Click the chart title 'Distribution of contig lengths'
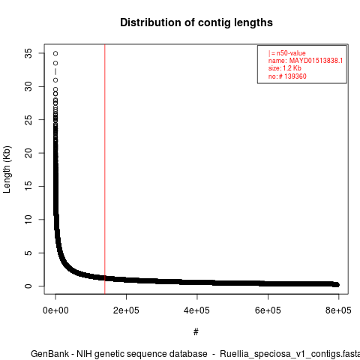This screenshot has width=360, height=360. tap(196, 22)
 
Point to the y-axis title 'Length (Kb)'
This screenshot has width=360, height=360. tap(7, 169)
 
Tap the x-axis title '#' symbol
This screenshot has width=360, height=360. tap(196, 332)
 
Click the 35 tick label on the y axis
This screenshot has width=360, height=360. tap(28, 53)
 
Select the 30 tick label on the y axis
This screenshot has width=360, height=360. tap(28, 86)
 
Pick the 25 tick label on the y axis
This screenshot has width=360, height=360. tap(28, 120)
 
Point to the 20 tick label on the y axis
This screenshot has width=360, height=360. tap(28, 153)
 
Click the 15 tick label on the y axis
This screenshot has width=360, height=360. tap(28, 186)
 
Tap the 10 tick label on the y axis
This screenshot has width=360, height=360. tap(28, 220)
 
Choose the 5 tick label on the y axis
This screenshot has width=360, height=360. tap(28, 253)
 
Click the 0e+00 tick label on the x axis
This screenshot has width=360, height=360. tap(55, 310)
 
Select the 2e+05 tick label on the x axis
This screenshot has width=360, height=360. tap(126, 310)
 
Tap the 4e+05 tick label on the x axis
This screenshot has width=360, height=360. tap(197, 310)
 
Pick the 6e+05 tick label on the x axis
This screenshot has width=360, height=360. tap(268, 310)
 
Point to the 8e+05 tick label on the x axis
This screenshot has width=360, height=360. tap(338, 310)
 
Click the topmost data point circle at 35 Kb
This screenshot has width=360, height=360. tap(55, 53)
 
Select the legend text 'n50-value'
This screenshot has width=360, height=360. tap(291, 53)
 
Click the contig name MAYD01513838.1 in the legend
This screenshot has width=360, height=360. tap(316, 61)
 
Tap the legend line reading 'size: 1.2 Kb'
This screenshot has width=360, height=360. tap(285, 68)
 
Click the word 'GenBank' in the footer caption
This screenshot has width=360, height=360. tap(49, 354)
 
